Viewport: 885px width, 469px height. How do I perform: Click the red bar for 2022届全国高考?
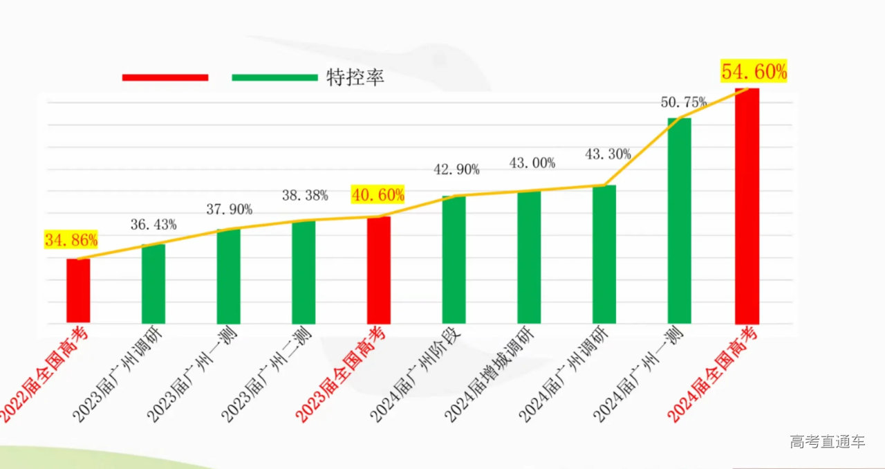tap(78, 291)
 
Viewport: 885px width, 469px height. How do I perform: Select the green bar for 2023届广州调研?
tap(153, 284)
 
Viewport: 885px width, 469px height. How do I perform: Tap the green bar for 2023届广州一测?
tap(228, 276)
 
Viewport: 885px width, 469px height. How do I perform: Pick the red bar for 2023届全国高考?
tap(379, 270)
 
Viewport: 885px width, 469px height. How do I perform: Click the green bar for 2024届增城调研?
tap(529, 257)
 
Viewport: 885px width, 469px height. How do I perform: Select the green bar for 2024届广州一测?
tap(679, 221)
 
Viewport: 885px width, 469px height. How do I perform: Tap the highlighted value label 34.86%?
tap(71, 241)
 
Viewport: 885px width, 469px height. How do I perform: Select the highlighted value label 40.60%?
tap(378, 194)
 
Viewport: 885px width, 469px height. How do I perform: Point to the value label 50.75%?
tap(684, 102)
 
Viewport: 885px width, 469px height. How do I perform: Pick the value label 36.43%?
tap(153, 224)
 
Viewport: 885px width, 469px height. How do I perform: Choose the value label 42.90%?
tap(456, 169)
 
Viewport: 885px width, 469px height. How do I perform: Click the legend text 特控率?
tap(355, 77)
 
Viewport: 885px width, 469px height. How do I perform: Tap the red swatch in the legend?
tap(165, 77)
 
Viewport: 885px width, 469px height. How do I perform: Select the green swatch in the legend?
tap(274, 77)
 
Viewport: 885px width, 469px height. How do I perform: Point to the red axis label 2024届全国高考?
tap(712, 377)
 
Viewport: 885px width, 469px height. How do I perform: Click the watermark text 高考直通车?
tap(828, 441)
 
